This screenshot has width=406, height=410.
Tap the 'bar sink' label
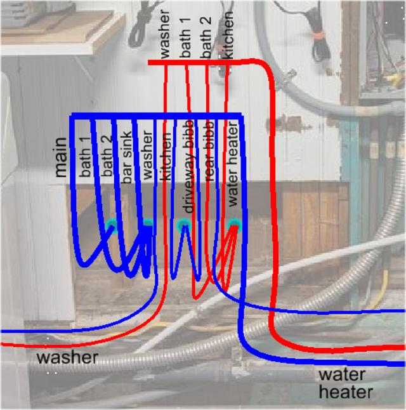(x=128, y=158)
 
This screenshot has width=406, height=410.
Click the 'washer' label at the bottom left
(x=67, y=357)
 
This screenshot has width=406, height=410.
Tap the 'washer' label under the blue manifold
(x=148, y=156)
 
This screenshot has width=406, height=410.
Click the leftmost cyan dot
(x=113, y=223)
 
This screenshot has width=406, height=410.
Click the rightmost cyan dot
(x=234, y=223)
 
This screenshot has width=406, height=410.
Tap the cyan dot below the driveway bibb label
(x=183, y=224)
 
